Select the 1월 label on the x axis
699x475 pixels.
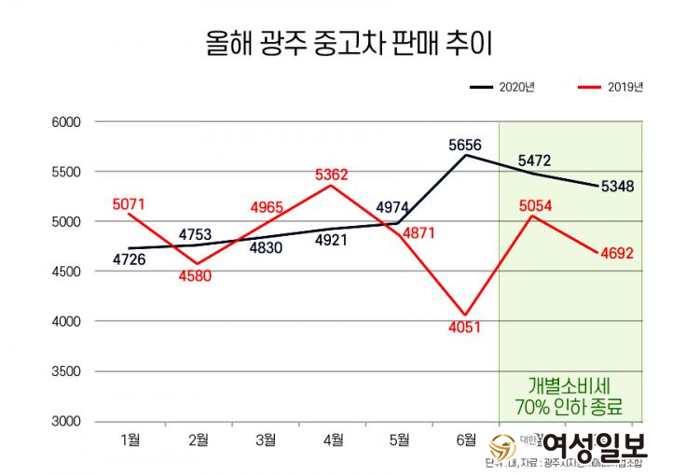(130, 438)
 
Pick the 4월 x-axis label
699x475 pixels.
(332, 438)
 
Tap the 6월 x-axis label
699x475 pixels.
(465, 438)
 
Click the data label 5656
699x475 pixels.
(464, 145)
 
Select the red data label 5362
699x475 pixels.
(332, 174)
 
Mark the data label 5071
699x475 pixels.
(130, 203)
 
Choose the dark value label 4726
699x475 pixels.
(129, 258)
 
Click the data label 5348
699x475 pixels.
(617, 186)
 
